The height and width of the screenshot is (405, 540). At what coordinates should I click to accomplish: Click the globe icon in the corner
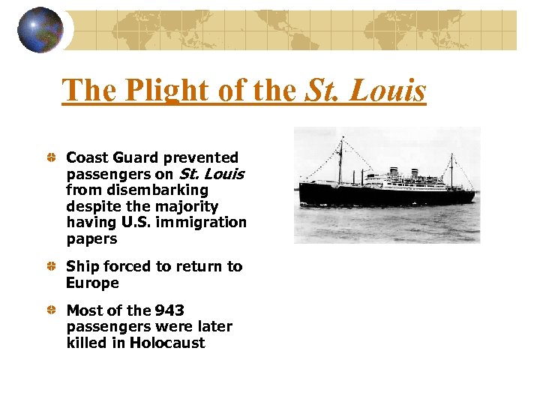[x=39, y=29]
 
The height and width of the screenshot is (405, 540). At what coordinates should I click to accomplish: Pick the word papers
[x=92, y=239]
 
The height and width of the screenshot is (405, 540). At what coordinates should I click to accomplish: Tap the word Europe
[x=92, y=283]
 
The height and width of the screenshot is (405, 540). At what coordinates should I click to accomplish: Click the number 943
[x=169, y=310]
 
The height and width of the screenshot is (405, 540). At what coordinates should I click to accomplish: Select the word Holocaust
[x=167, y=343]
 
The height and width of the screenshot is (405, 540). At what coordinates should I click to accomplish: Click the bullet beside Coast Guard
[x=49, y=158]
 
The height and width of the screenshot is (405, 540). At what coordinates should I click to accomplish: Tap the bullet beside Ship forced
[x=49, y=267]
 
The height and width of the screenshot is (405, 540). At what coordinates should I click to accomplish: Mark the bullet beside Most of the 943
[x=49, y=310]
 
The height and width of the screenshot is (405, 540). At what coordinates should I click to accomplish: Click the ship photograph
[x=387, y=184]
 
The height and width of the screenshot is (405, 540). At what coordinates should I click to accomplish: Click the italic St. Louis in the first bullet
[x=211, y=174]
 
